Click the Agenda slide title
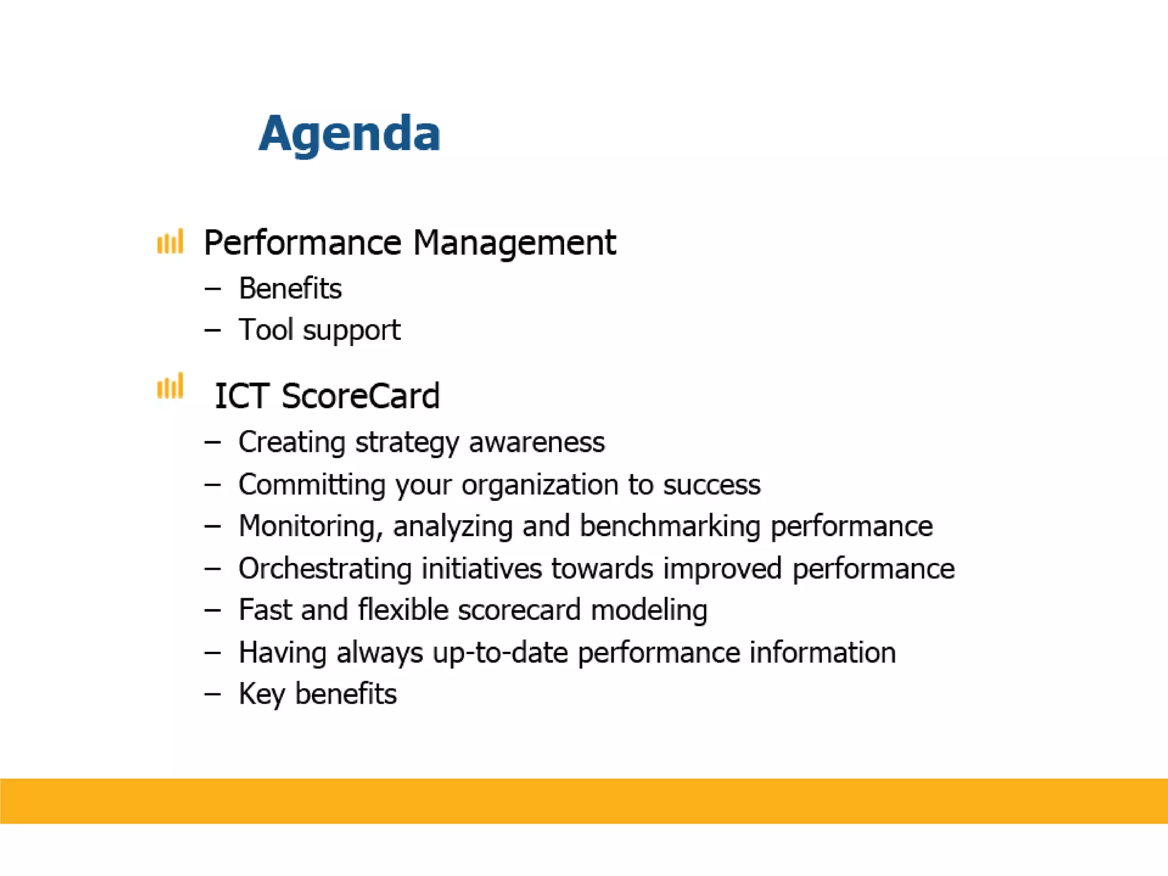[x=349, y=133]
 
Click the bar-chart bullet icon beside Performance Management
[x=170, y=242]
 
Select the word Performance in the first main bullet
[x=302, y=243]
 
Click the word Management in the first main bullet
[x=514, y=243]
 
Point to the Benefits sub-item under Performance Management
[x=290, y=288]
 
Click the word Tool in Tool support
[x=266, y=330]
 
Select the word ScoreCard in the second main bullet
[x=360, y=396]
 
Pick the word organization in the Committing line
[x=540, y=485]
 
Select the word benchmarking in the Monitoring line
[x=670, y=526]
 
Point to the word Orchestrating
[x=325, y=569]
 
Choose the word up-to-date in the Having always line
[x=500, y=652]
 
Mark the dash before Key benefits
[x=212, y=694]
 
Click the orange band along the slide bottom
[x=584, y=800]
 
